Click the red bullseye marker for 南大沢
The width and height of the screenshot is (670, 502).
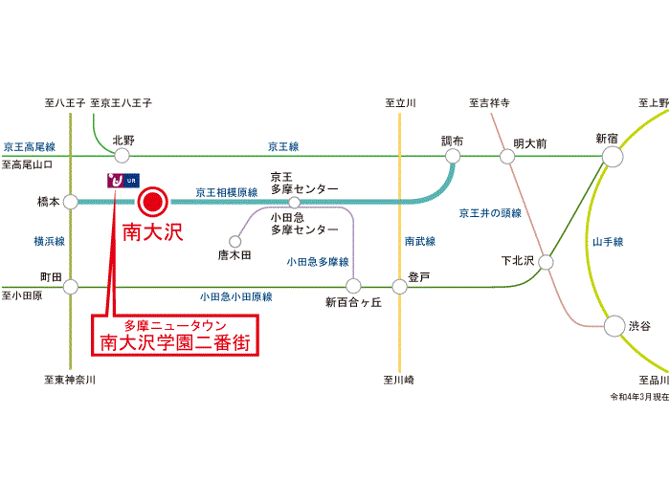[152, 202]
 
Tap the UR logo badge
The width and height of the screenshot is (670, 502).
[123, 181]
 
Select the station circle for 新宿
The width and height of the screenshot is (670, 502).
[613, 156]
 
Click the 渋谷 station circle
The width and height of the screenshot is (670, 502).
[614, 326]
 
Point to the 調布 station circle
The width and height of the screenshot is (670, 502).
[453, 156]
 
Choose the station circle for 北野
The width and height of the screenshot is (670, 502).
[122, 156]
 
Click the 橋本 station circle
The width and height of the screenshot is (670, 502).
[71, 202]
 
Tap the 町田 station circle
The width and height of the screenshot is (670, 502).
[71, 287]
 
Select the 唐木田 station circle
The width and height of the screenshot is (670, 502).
[234, 241]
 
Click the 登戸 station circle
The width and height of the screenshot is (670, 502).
[399, 287]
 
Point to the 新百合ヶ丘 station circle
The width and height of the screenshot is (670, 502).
[353, 287]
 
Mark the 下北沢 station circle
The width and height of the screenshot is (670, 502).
[546, 262]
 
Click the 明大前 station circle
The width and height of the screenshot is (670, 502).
[507, 157]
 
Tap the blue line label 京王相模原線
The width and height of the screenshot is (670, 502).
[227, 192]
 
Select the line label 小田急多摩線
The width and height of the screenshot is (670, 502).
[318, 262]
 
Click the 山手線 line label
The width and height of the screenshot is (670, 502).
[608, 242]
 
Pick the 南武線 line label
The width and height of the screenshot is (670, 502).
[420, 241]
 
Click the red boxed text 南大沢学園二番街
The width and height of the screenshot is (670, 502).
[175, 342]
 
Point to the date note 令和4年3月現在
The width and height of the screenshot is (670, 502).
[639, 397]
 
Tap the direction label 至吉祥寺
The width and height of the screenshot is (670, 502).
[489, 103]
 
